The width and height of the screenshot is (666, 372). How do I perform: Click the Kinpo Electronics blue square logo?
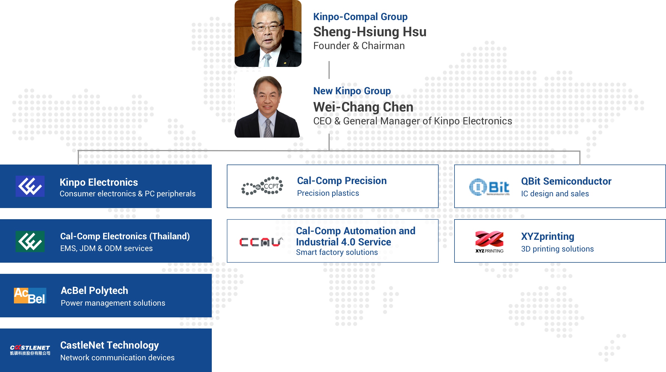pyautogui.click(x=30, y=186)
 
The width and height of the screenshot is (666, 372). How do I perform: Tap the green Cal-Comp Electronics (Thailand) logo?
pyautogui.click(x=30, y=241)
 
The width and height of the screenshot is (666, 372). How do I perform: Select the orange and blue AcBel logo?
pyautogui.click(x=30, y=296)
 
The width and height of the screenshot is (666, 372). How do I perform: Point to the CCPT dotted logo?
pyautogui.click(x=262, y=186)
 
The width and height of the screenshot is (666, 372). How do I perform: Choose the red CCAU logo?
pyautogui.click(x=261, y=242)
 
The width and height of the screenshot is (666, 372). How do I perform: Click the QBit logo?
pyautogui.click(x=489, y=187)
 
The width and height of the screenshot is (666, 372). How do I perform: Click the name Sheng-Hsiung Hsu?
pyautogui.click(x=370, y=32)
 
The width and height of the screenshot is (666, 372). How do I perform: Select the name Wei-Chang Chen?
pyautogui.click(x=363, y=107)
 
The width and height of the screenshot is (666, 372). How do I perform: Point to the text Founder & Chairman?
pyautogui.click(x=359, y=46)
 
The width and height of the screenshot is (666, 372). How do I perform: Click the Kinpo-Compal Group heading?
pyautogui.click(x=360, y=17)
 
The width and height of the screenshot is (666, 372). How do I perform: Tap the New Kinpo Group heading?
pyautogui.click(x=352, y=91)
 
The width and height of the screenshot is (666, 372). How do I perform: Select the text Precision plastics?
pyautogui.click(x=328, y=193)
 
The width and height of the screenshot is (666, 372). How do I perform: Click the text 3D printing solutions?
pyautogui.click(x=557, y=249)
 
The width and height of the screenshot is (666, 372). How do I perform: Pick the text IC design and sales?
pyautogui.click(x=555, y=194)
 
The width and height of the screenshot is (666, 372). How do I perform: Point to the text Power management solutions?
pyautogui.click(x=113, y=303)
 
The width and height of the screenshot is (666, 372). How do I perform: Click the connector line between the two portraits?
pyautogui.click(x=329, y=70)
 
